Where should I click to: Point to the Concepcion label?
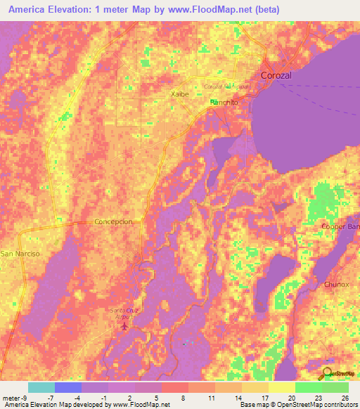tap(113, 221)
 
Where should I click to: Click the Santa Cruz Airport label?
tap(126, 313)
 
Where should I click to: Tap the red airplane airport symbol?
tap(126, 326)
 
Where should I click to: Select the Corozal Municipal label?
tap(226, 86)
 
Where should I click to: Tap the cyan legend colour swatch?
tap(41, 387)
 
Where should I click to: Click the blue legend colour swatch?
tap(68, 387)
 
